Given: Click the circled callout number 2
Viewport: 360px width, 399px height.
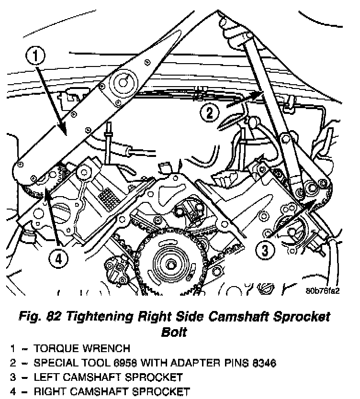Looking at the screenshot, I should point(209,113).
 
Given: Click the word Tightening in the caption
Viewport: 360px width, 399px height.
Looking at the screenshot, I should point(99,317).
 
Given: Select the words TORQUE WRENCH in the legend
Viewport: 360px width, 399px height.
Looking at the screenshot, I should point(82,348).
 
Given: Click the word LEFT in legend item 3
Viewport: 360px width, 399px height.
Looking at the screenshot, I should point(46,377).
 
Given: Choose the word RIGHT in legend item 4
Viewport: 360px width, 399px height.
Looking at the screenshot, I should point(50,391).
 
